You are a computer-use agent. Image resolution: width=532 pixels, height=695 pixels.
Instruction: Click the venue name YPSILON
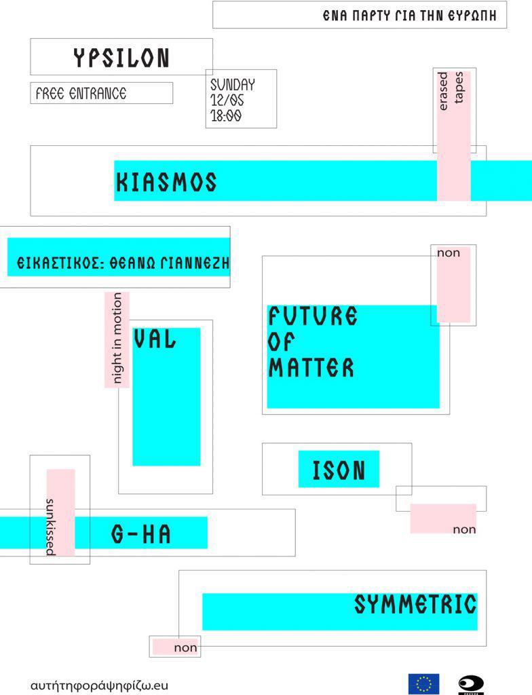[x=121, y=58]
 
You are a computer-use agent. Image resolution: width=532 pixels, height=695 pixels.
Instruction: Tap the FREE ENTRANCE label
[x=81, y=94]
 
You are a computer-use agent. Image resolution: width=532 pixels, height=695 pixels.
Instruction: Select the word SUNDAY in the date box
[x=232, y=85]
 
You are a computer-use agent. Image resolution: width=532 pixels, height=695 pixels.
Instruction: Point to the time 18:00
[x=226, y=115]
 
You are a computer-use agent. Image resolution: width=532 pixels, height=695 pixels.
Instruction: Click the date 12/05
[x=227, y=100]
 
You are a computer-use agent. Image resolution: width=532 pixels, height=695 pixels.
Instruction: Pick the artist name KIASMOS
[x=166, y=182]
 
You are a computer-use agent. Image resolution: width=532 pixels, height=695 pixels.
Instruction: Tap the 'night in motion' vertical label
[x=117, y=339]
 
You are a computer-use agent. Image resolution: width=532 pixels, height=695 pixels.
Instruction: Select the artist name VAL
[x=155, y=339]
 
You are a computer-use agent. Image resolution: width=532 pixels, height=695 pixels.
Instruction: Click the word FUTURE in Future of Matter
[x=312, y=316]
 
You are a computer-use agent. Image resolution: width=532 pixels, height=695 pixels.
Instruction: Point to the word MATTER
[x=311, y=368]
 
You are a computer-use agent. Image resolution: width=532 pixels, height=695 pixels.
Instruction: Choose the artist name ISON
[x=339, y=470]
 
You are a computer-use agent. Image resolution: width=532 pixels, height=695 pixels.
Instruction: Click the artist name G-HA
[x=141, y=534]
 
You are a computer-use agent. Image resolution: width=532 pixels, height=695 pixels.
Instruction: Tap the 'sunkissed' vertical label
[x=50, y=527]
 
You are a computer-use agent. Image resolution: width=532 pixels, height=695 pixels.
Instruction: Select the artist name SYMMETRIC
[x=415, y=604]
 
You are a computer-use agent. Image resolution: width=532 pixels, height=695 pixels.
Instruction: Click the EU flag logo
[x=423, y=683]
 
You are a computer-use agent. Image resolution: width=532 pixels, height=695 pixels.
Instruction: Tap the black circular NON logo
[x=471, y=683]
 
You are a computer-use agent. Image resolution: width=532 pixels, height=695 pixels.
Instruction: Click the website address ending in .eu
[x=99, y=685]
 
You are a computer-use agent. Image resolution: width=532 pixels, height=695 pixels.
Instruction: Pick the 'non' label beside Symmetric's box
[x=185, y=647]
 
